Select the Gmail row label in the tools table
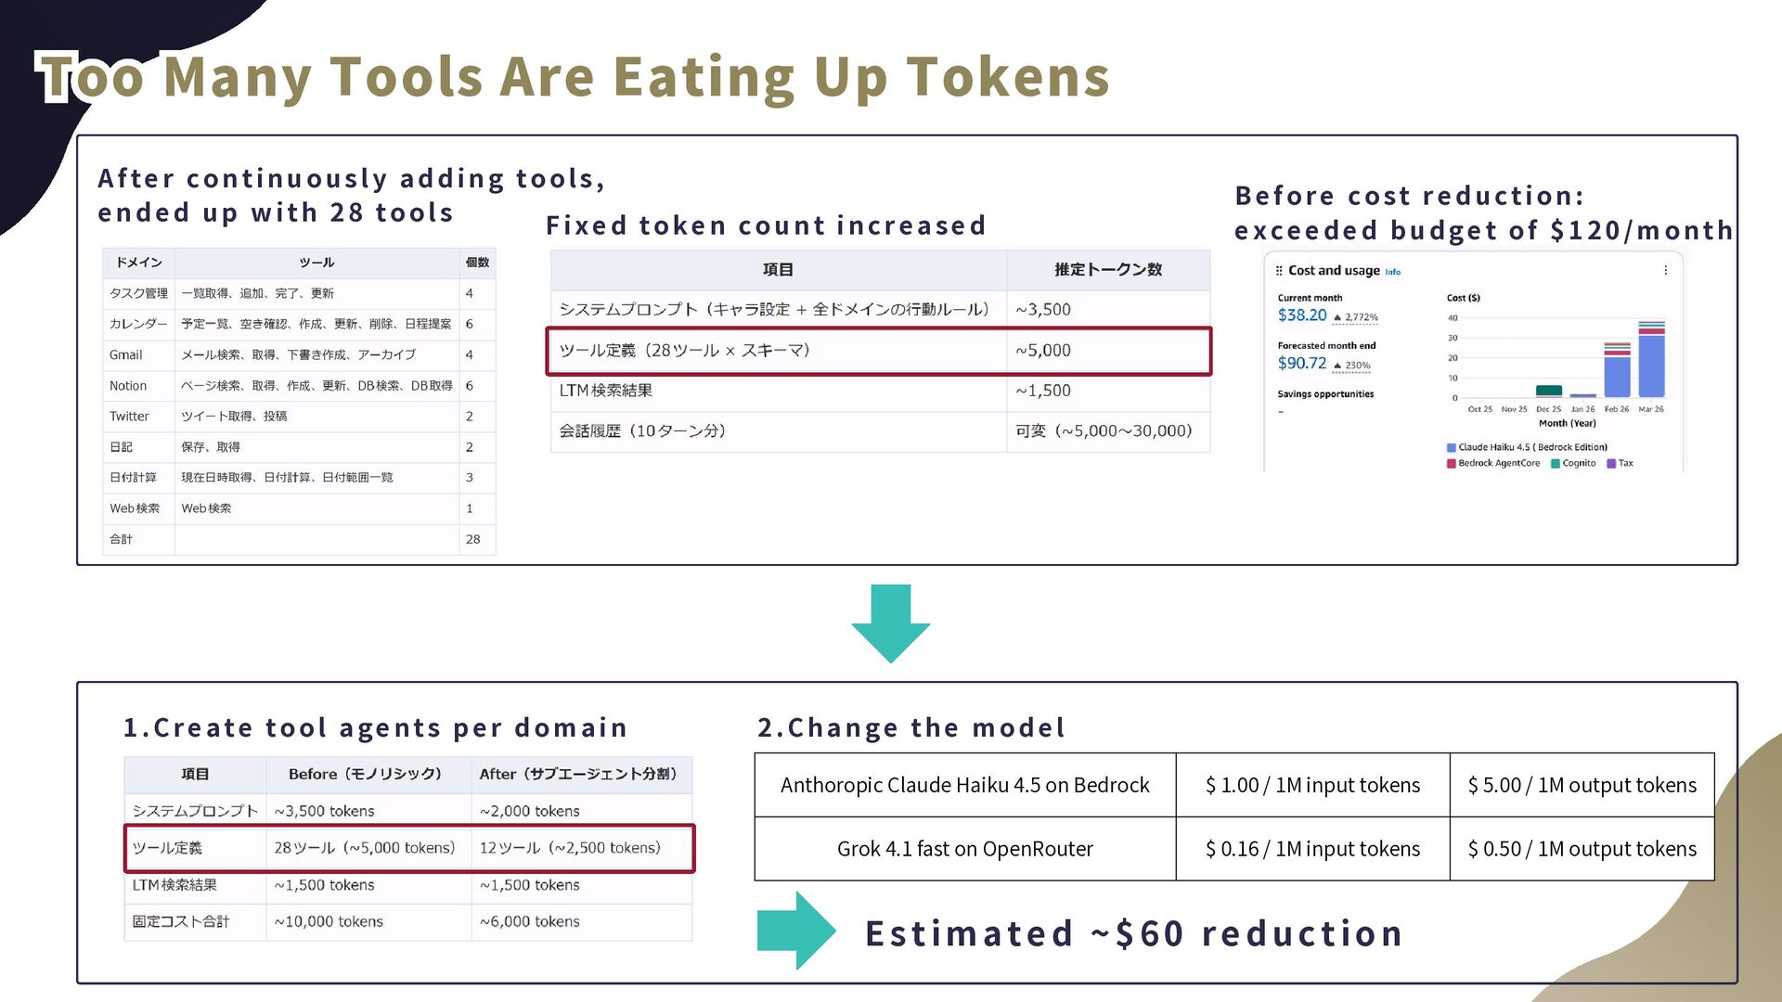click(126, 354)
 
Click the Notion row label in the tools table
click(128, 385)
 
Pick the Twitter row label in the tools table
click(129, 416)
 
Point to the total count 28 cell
click(472, 539)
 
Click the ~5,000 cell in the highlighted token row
click(1043, 350)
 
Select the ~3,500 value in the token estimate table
click(1043, 309)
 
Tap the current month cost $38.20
click(1302, 315)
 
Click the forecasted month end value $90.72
click(1302, 363)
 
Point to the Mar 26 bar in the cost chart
click(1651, 359)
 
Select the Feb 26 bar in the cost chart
click(1617, 369)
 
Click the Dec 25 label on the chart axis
click(1549, 409)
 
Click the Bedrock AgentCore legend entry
click(1493, 463)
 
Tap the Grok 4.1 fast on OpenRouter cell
click(965, 849)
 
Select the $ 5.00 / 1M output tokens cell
click(1582, 785)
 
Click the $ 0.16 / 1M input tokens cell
click(1312, 849)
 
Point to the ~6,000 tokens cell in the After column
click(530, 921)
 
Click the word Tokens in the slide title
click(1008, 76)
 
